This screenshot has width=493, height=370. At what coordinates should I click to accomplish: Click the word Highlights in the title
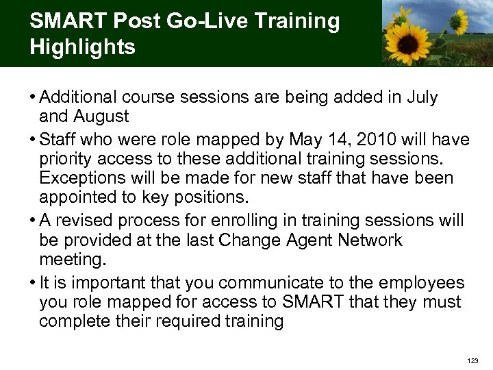pyautogui.click(x=83, y=47)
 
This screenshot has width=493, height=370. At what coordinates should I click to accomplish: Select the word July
pyautogui.click(x=421, y=98)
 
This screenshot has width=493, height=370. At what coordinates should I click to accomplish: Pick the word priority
pyautogui.click(x=68, y=160)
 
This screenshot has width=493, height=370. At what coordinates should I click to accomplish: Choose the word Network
pyautogui.click(x=367, y=241)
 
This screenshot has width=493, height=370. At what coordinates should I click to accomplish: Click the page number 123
pyautogui.click(x=472, y=360)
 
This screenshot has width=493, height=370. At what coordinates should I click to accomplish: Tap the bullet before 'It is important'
pyautogui.click(x=33, y=283)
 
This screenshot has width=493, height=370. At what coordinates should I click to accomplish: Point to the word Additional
pyautogui.click(x=79, y=98)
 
